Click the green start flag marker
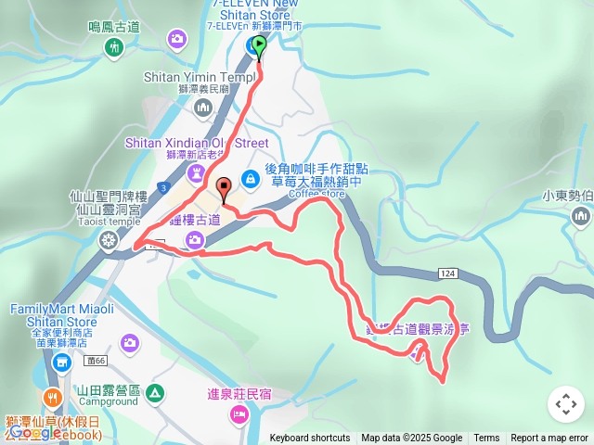pos(259,44)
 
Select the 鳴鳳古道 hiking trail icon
pos(115,46)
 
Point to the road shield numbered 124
pos(449,273)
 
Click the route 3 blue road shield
pos(163,188)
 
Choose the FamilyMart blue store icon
pos(62,362)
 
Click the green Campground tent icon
pos(155,392)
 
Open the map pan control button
pos(565,404)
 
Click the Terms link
pos(486,439)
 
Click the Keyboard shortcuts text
pos(310,439)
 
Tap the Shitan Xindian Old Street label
pos(197,144)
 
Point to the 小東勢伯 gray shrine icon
pos(582,217)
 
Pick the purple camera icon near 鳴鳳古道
pos(177,39)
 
